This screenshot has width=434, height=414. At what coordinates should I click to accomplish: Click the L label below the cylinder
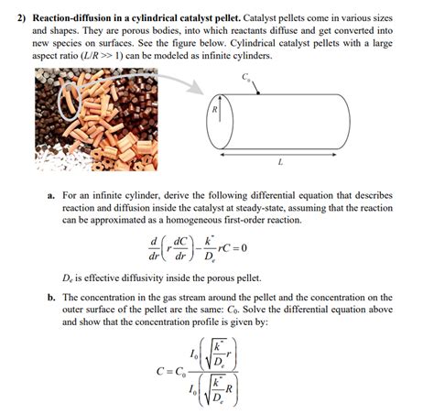[279, 165]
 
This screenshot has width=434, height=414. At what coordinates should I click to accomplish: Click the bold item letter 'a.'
[51, 197]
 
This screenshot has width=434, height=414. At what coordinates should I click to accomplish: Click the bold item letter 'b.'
[51, 298]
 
